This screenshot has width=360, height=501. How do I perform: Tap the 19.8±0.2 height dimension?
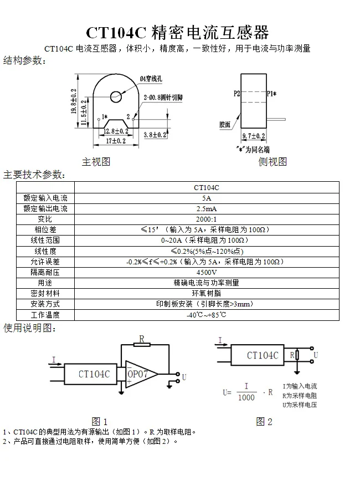point(74,101)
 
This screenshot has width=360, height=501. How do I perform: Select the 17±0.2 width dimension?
point(116,141)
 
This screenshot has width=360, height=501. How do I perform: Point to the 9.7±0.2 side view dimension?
point(254,136)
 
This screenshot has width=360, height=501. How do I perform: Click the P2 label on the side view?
point(236,93)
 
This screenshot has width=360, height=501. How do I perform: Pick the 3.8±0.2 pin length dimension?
point(155,135)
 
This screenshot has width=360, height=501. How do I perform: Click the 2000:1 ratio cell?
point(207,219)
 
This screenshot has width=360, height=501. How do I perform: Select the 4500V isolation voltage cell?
point(207,272)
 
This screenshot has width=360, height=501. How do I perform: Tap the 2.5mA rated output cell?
point(207,208)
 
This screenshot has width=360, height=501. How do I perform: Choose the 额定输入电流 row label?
point(45,198)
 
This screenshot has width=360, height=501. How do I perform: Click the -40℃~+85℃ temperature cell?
point(207,315)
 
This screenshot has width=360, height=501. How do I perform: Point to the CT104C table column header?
point(207,187)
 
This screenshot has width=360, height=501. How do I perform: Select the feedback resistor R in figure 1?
point(142,345)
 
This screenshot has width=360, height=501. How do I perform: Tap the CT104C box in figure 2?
point(258,355)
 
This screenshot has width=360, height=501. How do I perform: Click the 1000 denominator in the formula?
point(246,397)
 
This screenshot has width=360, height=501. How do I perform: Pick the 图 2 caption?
point(264,422)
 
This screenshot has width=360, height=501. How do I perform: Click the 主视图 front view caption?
point(96,162)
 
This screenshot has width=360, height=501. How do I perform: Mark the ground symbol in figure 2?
point(297,372)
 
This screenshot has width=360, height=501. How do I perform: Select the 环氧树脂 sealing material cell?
point(207,293)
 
